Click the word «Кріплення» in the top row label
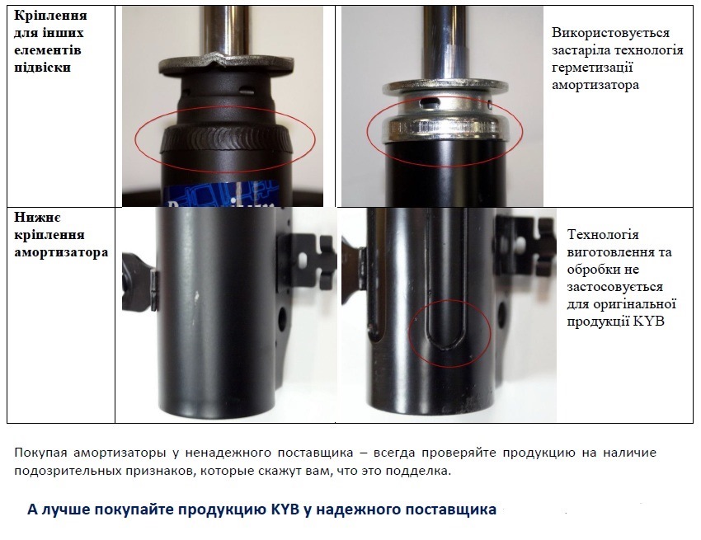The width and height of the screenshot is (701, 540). [x=50, y=15]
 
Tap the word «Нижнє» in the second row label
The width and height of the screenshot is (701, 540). [x=37, y=218]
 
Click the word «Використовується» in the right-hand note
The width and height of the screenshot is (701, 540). [x=610, y=33]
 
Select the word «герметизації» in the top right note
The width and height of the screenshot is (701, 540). [x=592, y=68]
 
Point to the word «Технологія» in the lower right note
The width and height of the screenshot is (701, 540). [x=603, y=235]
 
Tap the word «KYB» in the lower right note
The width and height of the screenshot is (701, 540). [x=649, y=322]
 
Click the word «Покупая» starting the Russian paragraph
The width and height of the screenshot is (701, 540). [x=40, y=453]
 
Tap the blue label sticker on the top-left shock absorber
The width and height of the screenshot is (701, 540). [x=220, y=193]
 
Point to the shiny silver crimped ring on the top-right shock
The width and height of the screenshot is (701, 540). [x=442, y=129]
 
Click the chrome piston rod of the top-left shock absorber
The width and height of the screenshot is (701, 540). [x=226, y=28]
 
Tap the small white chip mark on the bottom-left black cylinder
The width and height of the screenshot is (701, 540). [x=195, y=295]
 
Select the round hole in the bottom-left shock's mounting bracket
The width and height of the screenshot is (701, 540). [x=283, y=317]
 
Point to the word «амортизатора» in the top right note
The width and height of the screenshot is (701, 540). [x=595, y=85]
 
